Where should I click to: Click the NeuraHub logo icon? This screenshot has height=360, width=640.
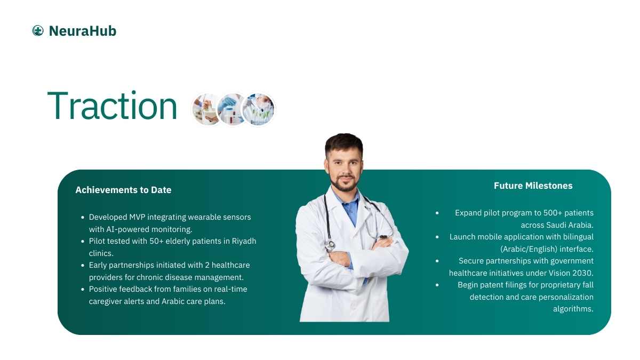tap(38, 30)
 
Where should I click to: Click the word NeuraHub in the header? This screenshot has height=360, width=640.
tap(83, 31)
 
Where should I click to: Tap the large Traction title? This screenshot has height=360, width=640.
tap(113, 106)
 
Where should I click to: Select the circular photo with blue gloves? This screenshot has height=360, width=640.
tap(231, 109)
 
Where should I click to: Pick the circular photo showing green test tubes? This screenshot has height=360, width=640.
tap(258, 109)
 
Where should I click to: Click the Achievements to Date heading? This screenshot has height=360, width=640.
tap(123, 190)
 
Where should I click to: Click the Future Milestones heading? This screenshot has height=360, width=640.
tap(533, 186)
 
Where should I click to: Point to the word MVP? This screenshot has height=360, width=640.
tap(137, 217)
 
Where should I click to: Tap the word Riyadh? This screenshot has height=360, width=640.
tap(244, 242)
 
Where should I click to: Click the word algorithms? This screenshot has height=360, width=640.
tap(573, 309)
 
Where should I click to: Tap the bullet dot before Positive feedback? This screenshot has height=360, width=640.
tap(83, 289)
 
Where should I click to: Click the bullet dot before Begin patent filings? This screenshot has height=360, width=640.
tap(437, 285)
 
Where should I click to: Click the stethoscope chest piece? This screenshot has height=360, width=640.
tap(330, 245)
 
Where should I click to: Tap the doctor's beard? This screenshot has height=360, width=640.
tap(345, 183)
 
